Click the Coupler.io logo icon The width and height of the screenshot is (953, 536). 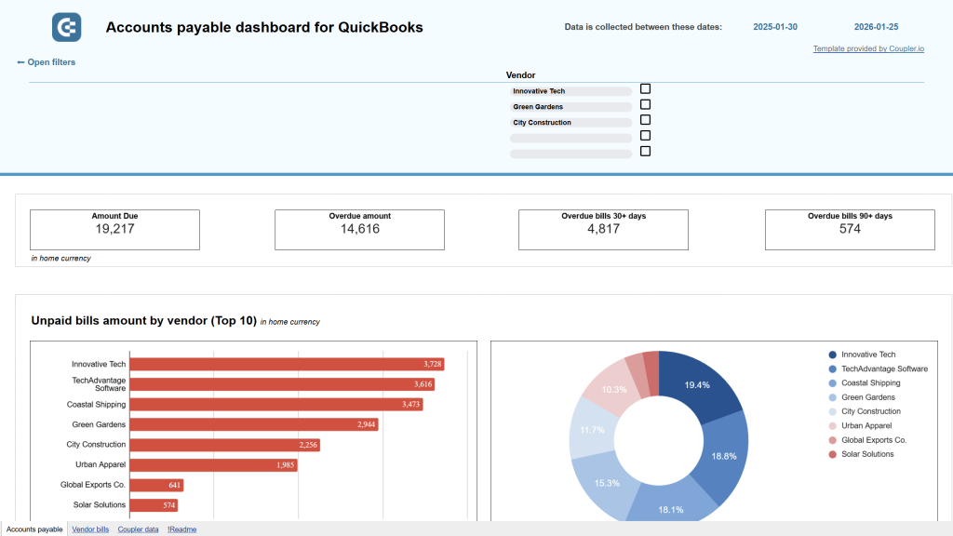[66, 28]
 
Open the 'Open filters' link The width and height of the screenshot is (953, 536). [47, 62]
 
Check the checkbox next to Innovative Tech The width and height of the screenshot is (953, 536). [645, 89]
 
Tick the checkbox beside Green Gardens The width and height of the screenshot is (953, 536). [645, 105]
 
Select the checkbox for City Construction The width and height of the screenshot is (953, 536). [645, 120]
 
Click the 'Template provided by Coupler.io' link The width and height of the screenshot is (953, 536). [867, 48]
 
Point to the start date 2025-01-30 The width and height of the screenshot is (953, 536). [776, 28]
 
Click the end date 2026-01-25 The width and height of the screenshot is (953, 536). [876, 28]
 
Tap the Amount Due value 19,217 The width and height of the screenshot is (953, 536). [114, 229]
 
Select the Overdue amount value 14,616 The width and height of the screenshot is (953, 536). [359, 229]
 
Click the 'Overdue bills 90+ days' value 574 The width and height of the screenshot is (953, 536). [850, 229]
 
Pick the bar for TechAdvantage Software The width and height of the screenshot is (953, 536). [282, 384]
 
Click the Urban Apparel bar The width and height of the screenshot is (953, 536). [213, 464]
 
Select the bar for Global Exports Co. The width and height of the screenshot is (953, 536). [156, 485]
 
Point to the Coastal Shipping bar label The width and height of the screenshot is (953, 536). [96, 405]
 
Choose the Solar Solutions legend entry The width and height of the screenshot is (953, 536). [866, 454]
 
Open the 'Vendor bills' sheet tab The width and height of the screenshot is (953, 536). [90, 529]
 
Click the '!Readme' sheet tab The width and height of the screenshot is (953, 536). [181, 529]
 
